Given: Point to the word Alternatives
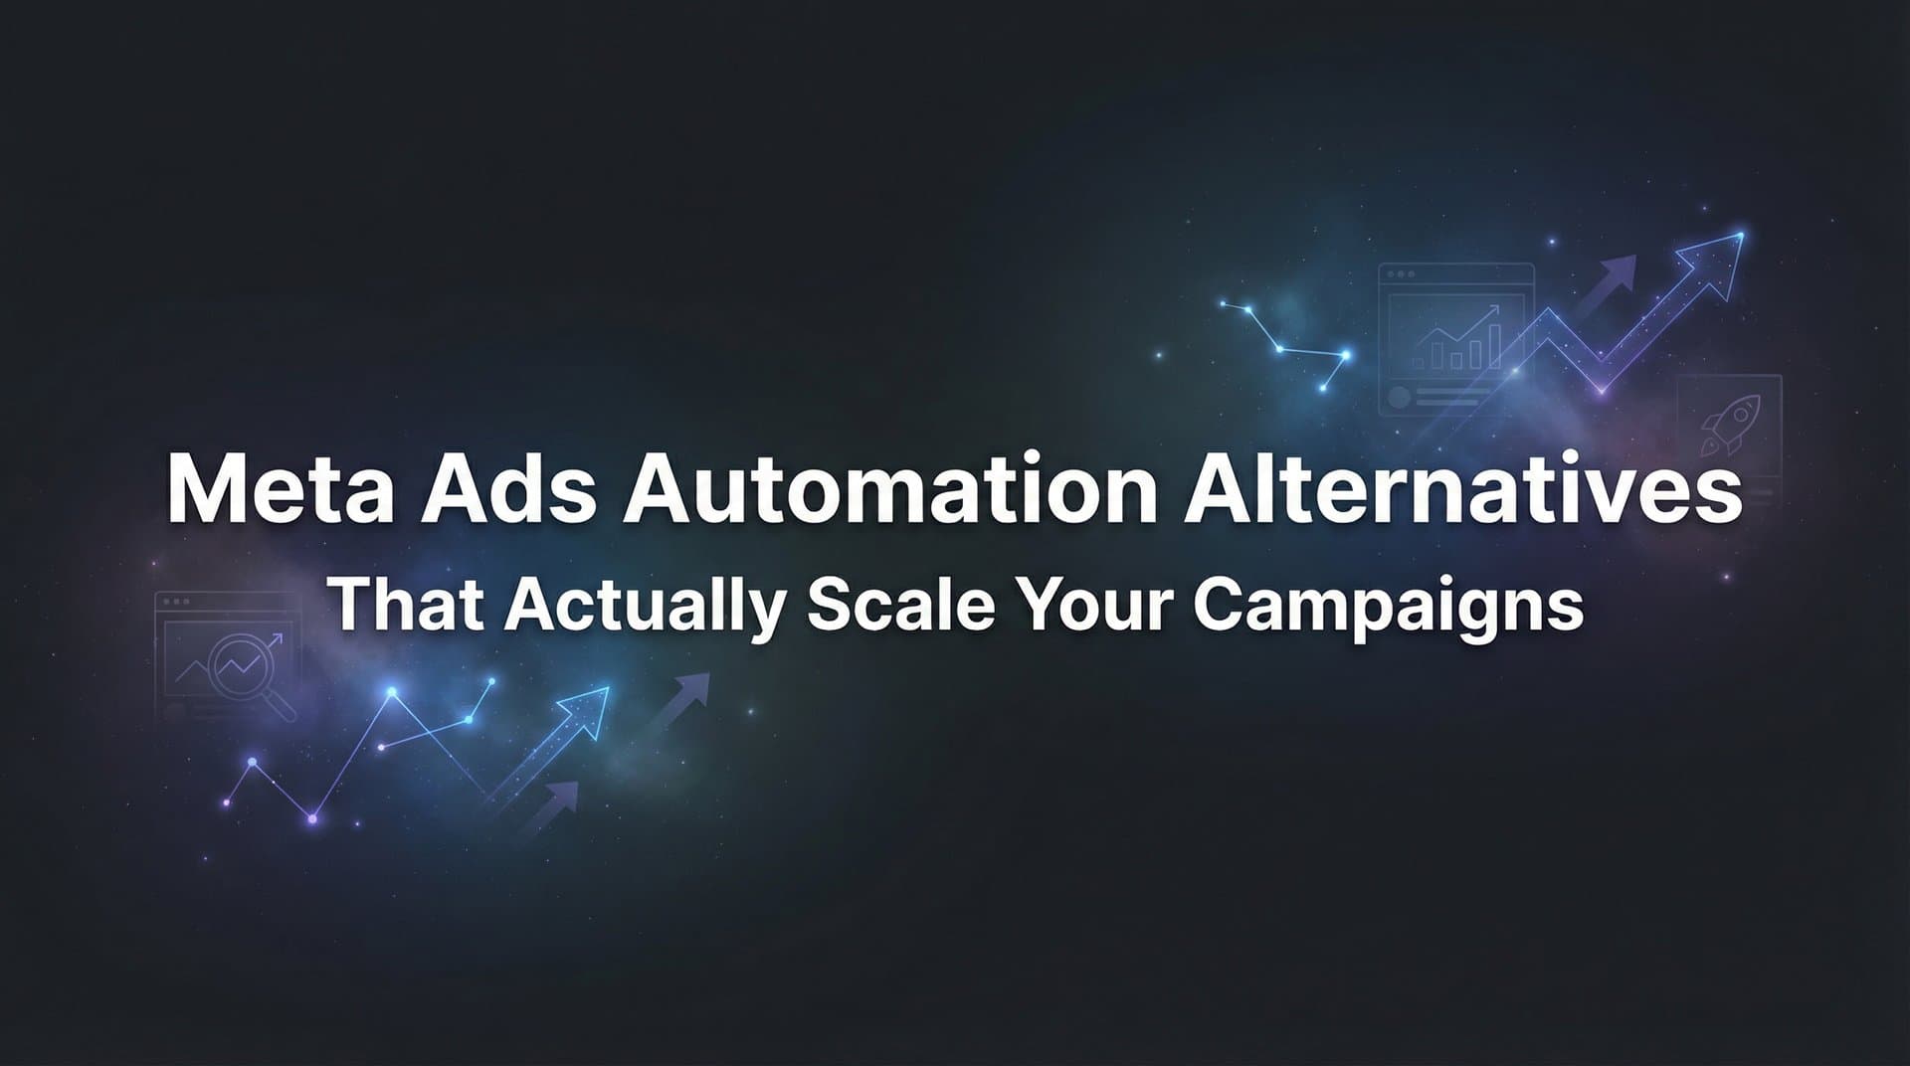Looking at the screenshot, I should tap(1461, 491).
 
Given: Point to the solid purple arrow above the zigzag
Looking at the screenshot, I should tap(1607, 273).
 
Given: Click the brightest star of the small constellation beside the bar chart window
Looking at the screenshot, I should tap(1345, 354).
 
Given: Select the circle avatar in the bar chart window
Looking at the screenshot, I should tap(1400, 397).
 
